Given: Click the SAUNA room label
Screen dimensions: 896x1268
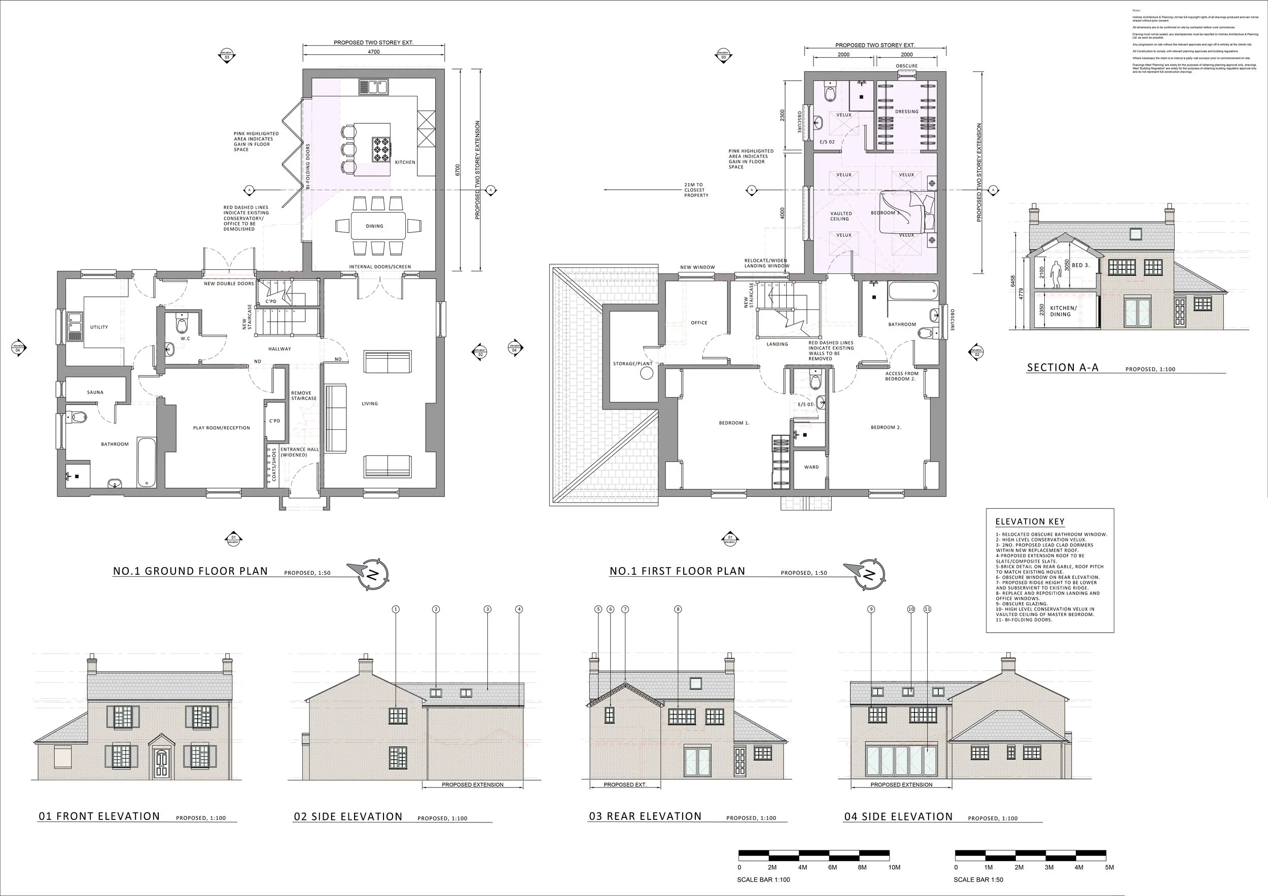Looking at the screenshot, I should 95,392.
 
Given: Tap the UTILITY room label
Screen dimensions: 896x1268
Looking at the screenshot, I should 99,327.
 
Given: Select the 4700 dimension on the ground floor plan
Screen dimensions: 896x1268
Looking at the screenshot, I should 374,52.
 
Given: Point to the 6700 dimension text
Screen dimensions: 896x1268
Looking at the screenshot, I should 457,169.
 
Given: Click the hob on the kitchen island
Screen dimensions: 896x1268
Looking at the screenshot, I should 381,149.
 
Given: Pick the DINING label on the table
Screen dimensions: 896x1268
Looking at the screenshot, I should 374,226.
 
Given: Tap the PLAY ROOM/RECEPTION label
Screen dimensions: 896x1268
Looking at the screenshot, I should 222,428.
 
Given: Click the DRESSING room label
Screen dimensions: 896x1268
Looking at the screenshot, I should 907,112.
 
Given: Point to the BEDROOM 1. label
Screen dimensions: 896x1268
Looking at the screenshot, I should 734,423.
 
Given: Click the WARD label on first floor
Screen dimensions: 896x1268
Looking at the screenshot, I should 812,467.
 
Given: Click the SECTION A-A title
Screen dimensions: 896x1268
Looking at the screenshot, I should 1063,368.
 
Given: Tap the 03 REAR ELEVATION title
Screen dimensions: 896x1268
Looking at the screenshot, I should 645,816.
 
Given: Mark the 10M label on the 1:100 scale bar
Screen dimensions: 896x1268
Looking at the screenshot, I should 895,867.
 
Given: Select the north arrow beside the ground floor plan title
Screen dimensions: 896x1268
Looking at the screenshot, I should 372,574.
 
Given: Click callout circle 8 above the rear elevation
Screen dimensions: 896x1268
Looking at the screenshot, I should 678,609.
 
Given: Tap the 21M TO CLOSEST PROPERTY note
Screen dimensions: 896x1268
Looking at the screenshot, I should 695,190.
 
